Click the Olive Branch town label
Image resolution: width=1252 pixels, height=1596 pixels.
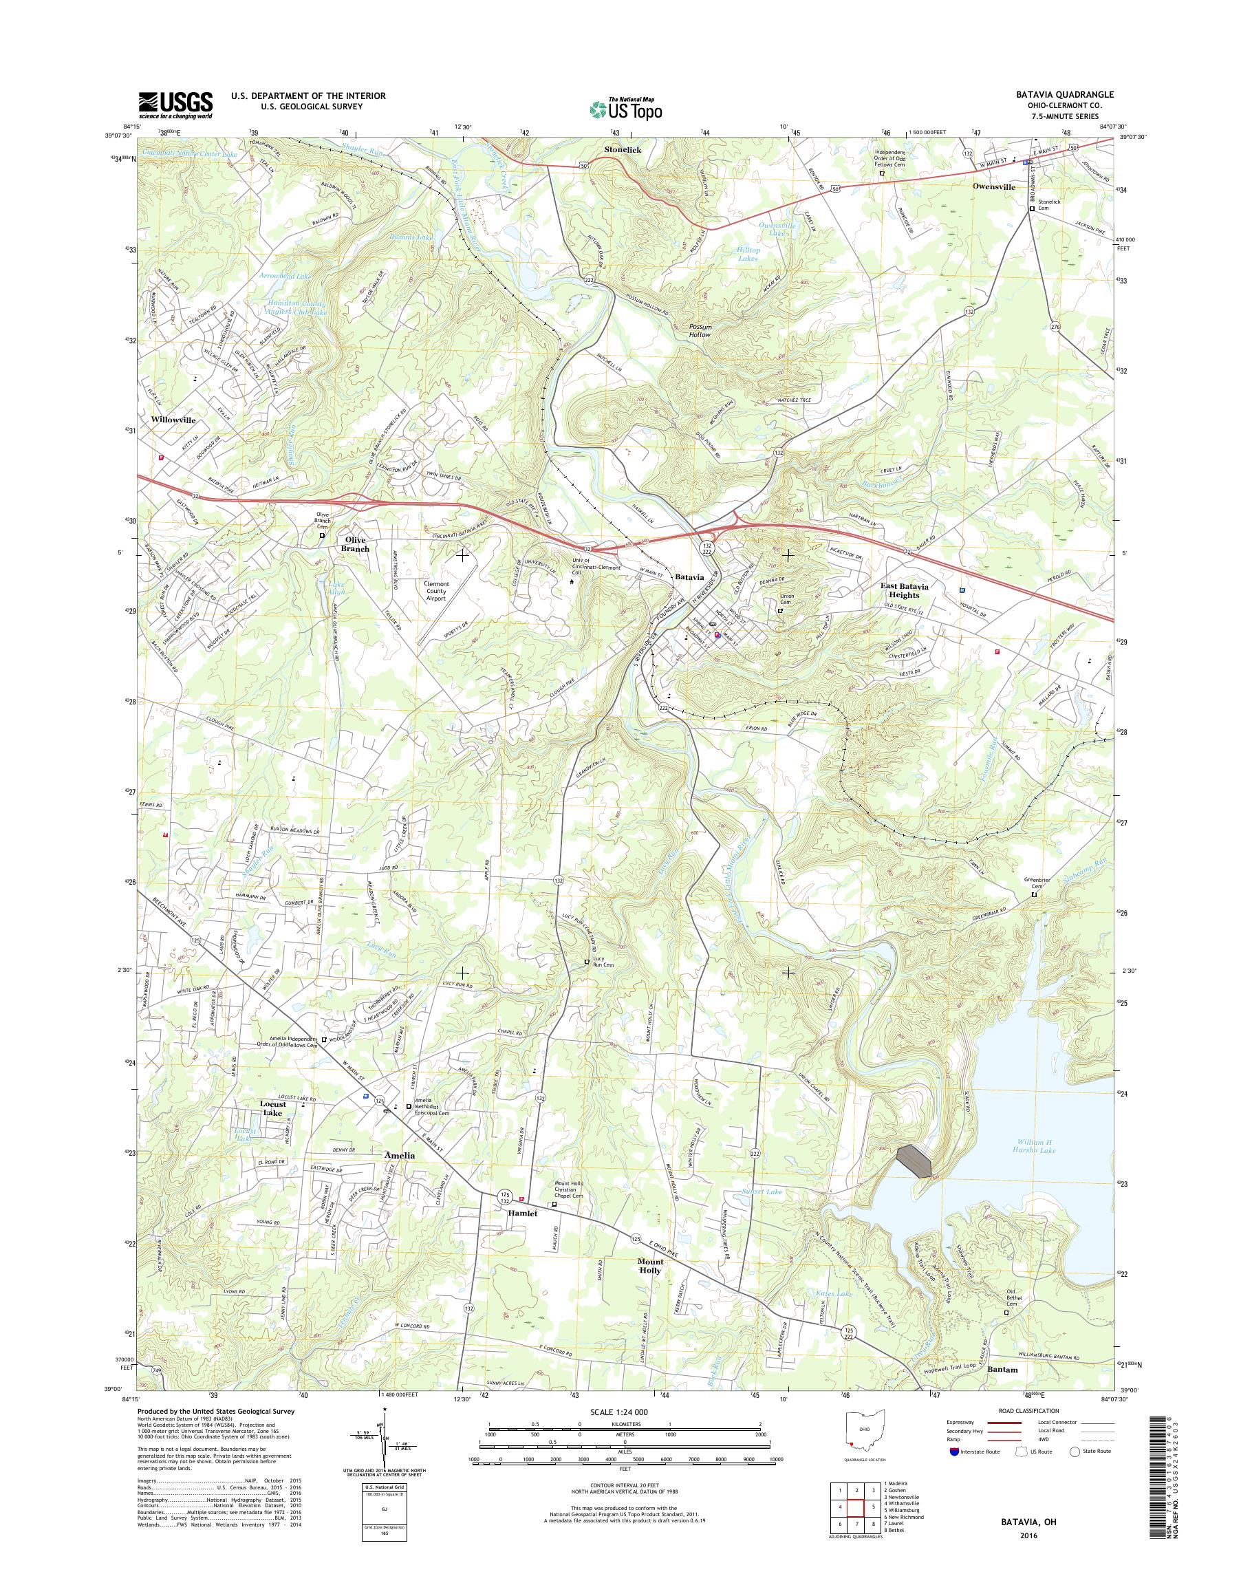tap(357, 544)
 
